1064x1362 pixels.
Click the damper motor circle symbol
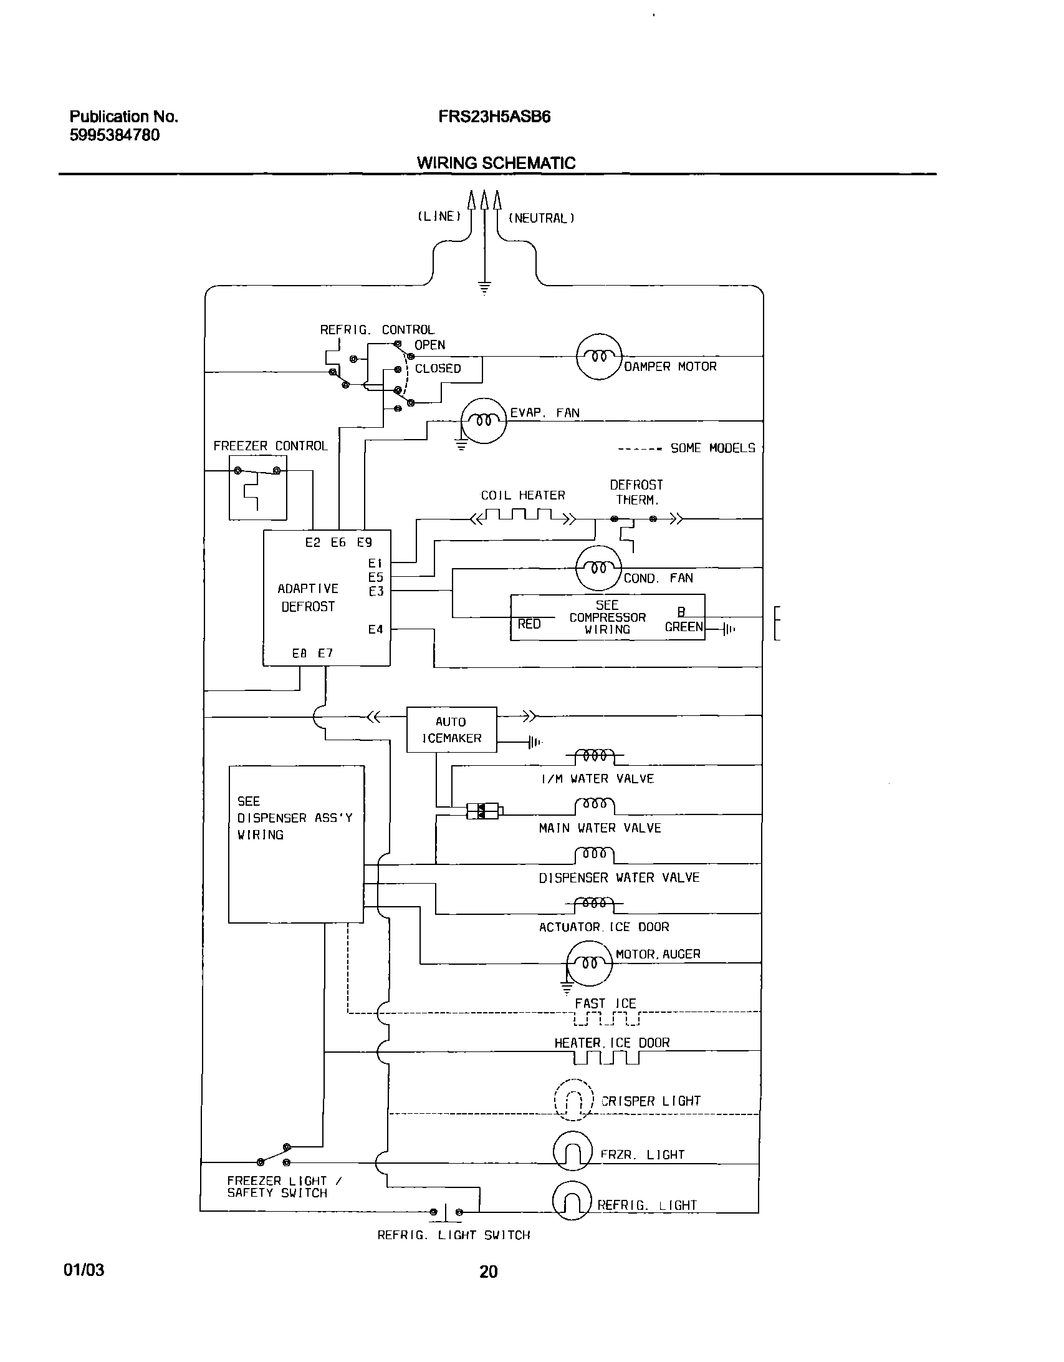(599, 357)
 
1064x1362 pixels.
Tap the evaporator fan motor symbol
(484, 421)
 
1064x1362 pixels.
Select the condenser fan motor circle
(598, 567)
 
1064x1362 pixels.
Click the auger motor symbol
(590, 963)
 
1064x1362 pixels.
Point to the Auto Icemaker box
(451, 729)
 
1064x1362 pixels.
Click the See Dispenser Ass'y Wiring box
(296, 844)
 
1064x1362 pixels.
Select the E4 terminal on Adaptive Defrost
(375, 629)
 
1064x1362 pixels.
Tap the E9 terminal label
(365, 543)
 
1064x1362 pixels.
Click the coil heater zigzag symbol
(522, 516)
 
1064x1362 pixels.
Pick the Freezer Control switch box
(258, 487)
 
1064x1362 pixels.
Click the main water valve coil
(594, 805)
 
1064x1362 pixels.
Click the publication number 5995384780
(114, 135)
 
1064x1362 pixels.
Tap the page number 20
(488, 1271)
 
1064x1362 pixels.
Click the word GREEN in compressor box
(684, 627)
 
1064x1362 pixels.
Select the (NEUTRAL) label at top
(541, 218)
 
